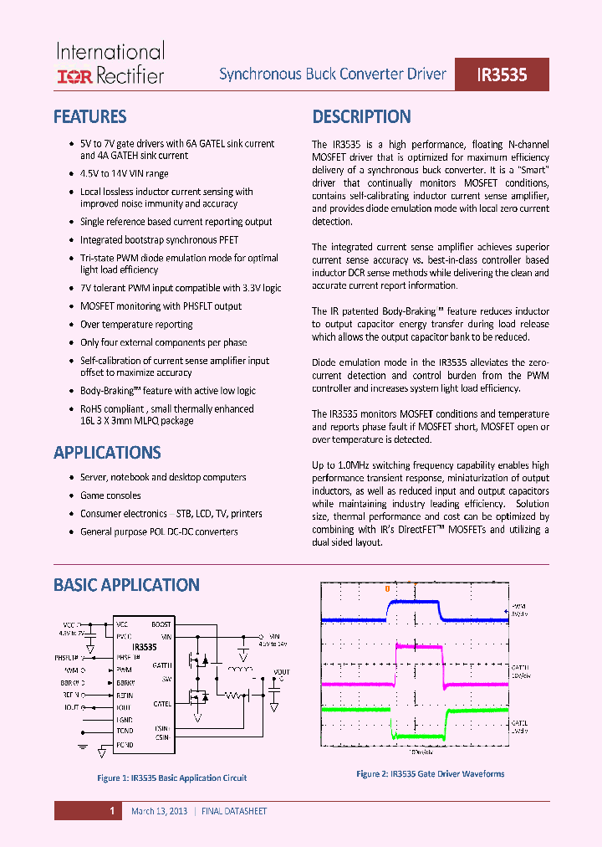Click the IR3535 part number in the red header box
[x=502, y=74]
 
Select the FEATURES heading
[x=89, y=116]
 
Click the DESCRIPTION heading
[x=361, y=116]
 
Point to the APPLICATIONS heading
[x=107, y=453]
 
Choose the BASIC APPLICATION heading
[x=126, y=585]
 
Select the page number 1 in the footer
[x=111, y=811]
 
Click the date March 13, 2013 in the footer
[x=159, y=811]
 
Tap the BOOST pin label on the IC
[x=161, y=624]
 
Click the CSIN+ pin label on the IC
[x=162, y=729]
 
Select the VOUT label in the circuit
[x=281, y=672]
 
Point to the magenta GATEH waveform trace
[x=418, y=645]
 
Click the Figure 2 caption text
[x=431, y=774]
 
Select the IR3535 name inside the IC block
[x=144, y=647]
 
